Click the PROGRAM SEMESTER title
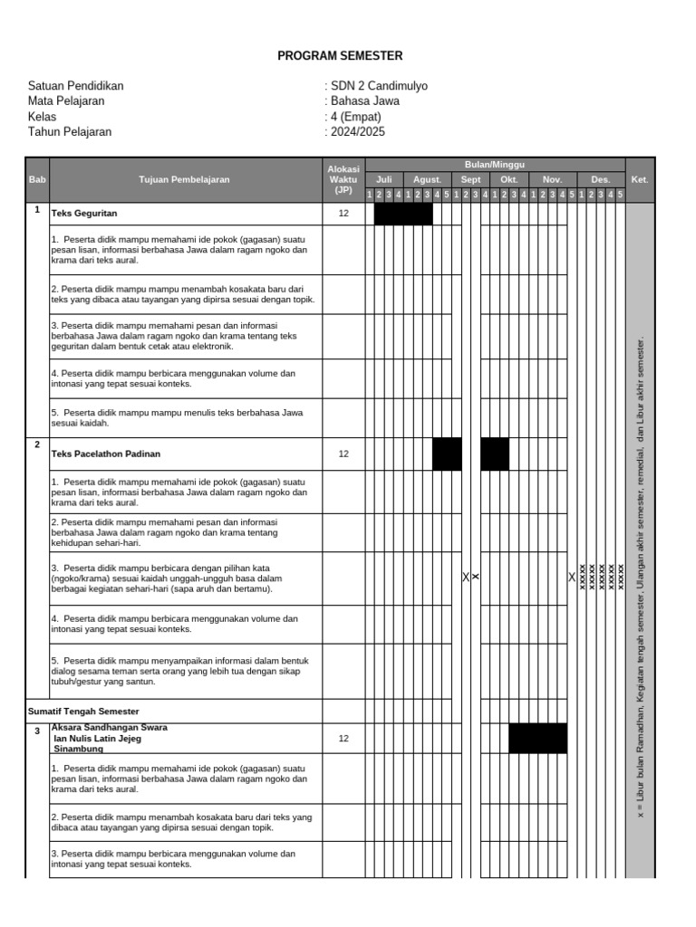(340, 55)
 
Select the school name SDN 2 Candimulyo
(379, 86)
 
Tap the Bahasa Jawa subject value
(365, 101)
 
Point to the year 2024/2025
(358, 131)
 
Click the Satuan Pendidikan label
(75, 86)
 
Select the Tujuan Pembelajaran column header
(184, 179)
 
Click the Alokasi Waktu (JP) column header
(343, 179)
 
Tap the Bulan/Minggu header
(495, 164)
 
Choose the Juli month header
(384, 179)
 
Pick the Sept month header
(470, 179)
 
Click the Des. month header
(600, 179)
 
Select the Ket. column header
(640, 179)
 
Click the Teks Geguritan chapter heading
(85, 214)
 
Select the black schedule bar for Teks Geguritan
(403, 214)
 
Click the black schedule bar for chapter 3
(537, 738)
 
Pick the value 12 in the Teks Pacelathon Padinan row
(343, 454)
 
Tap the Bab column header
(37, 179)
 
